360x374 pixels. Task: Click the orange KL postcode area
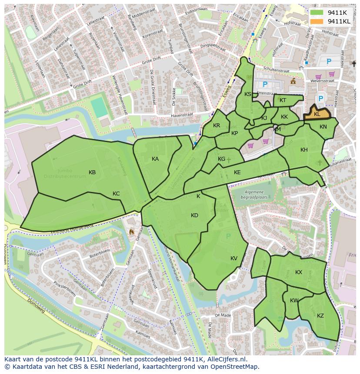317,114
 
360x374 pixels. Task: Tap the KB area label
92,172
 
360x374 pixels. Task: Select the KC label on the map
116,194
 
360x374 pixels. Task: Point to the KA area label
155,159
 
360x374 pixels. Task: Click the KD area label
194,215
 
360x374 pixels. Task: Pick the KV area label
234,258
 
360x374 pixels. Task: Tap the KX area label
299,272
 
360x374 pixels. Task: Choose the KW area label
294,301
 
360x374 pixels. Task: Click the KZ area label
320,316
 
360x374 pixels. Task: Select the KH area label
304,150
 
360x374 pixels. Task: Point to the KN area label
323,127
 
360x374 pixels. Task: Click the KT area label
283,100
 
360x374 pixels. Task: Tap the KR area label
217,126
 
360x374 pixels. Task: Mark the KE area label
237,172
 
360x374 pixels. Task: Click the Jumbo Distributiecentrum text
65,174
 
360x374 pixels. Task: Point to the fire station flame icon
132,232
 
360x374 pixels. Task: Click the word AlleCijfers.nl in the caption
226,360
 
